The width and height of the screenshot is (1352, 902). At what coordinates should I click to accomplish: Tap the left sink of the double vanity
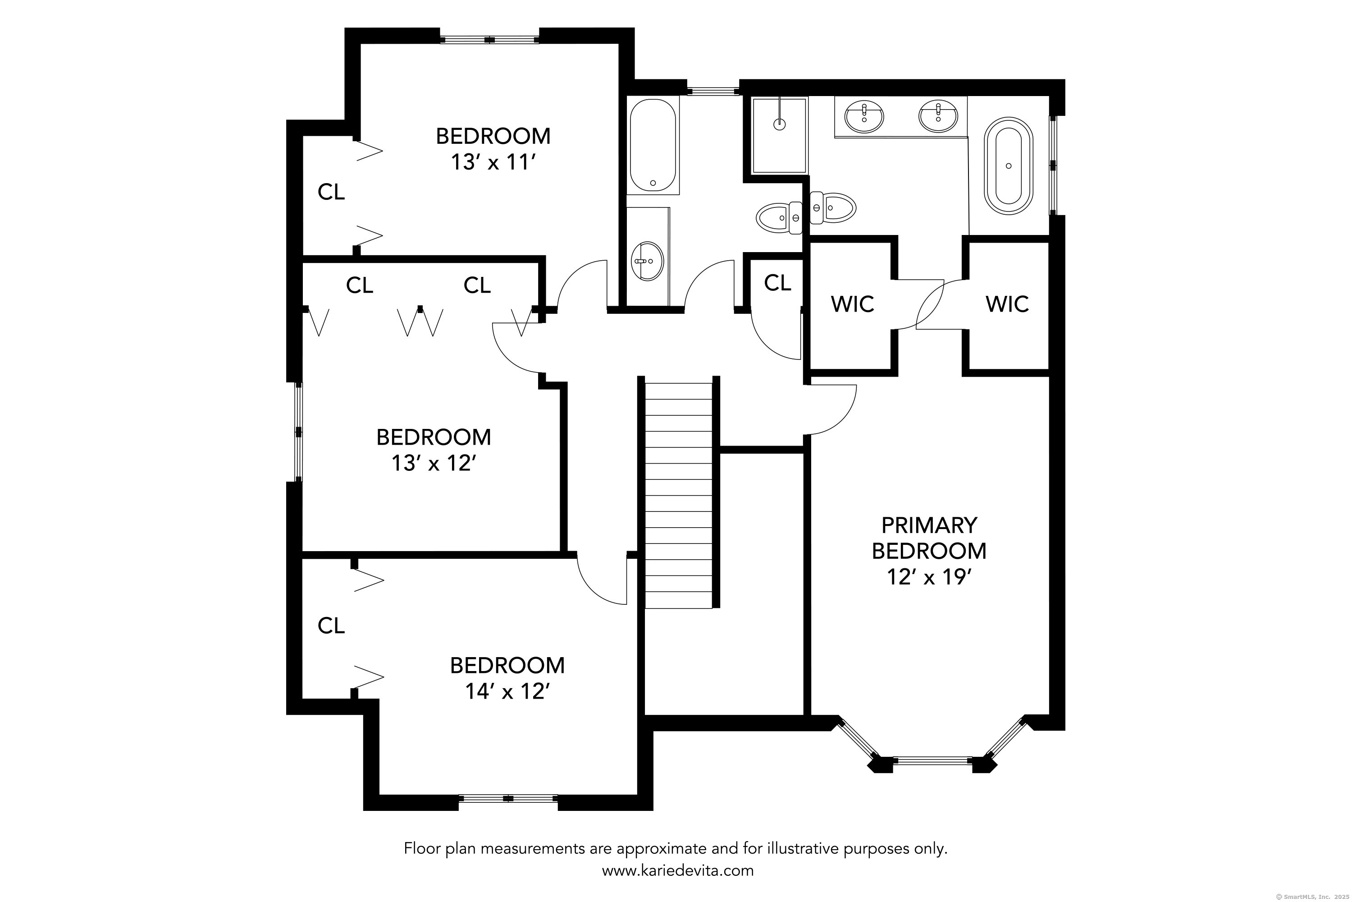click(x=864, y=116)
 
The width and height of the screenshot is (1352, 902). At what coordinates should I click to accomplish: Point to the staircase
click(x=679, y=495)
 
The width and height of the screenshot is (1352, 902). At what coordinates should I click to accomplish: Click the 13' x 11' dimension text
click(x=493, y=163)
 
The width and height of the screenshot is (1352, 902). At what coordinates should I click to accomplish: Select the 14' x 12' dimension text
click(x=507, y=691)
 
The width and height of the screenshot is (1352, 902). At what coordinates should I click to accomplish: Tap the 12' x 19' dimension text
click(x=929, y=577)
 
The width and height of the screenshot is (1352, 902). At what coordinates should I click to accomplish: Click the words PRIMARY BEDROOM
click(x=929, y=538)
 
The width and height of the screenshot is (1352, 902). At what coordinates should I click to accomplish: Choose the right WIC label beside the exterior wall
click(x=1007, y=304)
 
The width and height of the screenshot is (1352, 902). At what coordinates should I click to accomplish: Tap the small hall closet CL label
click(x=777, y=283)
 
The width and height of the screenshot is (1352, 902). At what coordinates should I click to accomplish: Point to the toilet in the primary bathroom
click(x=833, y=207)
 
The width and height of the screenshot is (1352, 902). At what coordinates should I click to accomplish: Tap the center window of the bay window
click(x=932, y=760)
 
